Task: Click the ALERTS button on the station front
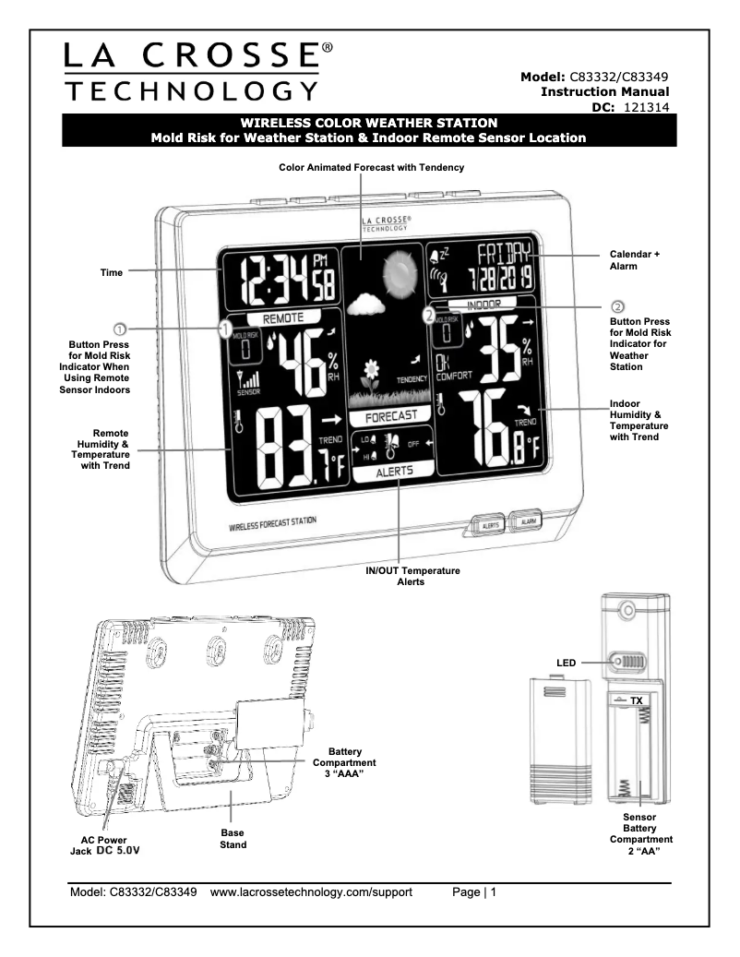tap(490, 525)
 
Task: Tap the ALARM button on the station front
tap(527, 521)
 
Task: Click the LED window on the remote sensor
tap(630, 663)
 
